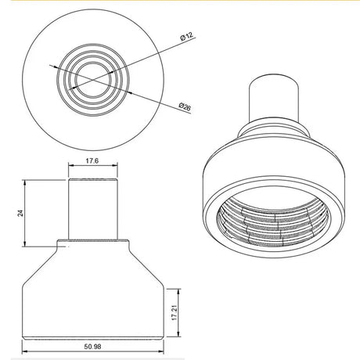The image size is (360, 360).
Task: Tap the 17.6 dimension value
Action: click(x=93, y=162)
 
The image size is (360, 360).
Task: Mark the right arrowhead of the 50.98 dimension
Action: click(x=162, y=338)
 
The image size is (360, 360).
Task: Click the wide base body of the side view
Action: click(x=93, y=305)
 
